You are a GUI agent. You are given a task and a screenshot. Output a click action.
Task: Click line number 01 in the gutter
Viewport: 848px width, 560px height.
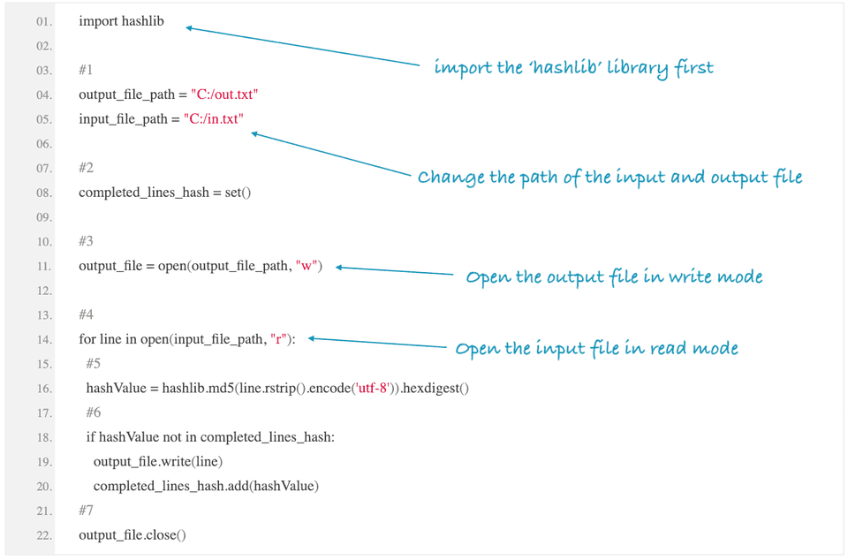[x=43, y=21]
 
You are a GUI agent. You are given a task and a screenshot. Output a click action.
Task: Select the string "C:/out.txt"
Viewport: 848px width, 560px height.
[x=224, y=95]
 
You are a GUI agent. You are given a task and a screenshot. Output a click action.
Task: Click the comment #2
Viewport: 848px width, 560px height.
[x=86, y=168]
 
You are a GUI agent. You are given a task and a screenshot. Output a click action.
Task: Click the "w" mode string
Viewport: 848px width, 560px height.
[x=308, y=266]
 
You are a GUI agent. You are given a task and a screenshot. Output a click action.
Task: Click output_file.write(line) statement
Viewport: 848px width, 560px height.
[x=157, y=461]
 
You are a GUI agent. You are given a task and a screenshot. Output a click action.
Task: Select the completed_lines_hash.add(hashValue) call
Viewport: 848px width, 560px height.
[x=205, y=486]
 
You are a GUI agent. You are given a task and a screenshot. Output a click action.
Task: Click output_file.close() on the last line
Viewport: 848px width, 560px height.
[x=132, y=535]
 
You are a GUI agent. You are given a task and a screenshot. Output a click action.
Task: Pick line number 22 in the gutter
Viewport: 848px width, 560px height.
[x=43, y=535]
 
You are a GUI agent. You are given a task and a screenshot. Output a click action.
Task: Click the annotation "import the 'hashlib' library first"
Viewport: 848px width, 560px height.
[x=573, y=68]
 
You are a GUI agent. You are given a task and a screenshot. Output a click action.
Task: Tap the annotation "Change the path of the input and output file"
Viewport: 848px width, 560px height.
[x=609, y=178]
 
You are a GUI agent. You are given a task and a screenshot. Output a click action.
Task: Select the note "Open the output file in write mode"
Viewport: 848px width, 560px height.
[x=614, y=277]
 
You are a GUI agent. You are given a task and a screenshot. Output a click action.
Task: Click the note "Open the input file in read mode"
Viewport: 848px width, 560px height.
[x=596, y=349]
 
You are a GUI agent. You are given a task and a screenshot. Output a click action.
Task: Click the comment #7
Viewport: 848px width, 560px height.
[x=86, y=511]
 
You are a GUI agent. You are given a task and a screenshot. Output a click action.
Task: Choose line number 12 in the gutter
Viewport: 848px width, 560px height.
[x=43, y=291]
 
